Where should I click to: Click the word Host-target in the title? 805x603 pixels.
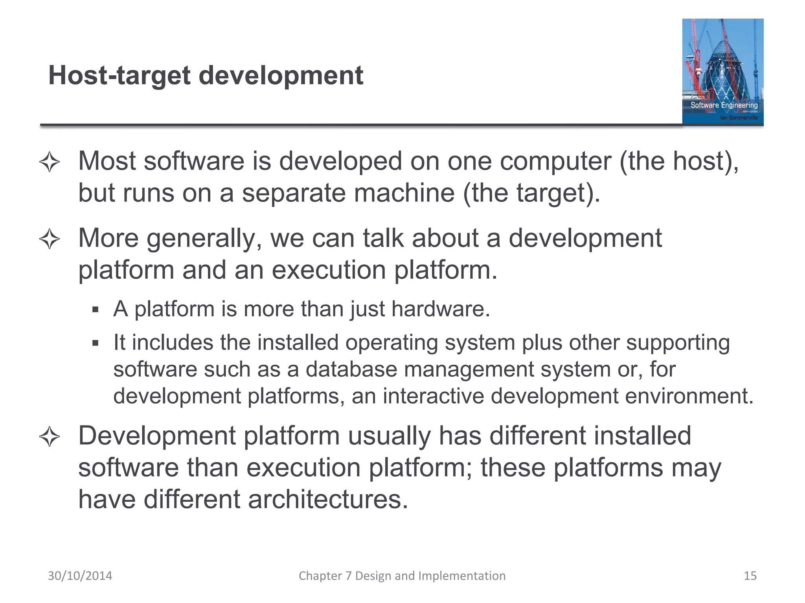(x=119, y=76)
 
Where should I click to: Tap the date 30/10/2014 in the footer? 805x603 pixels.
(x=80, y=576)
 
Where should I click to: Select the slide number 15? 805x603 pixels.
(x=750, y=576)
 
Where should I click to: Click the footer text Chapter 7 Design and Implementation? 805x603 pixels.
(x=402, y=576)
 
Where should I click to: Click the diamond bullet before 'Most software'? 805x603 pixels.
(x=50, y=162)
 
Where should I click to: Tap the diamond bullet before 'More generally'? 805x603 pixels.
(x=50, y=239)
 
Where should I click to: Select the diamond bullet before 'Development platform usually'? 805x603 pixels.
(x=50, y=437)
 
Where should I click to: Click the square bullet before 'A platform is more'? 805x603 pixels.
(x=95, y=310)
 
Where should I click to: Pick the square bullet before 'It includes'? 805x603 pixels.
(x=95, y=344)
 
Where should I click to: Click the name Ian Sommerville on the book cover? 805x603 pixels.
(x=739, y=118)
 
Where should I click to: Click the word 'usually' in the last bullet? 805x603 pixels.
(x=389, y=436)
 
